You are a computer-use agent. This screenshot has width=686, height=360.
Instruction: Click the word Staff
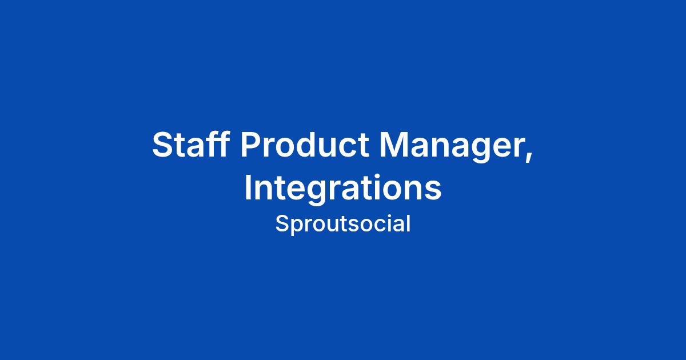pyautogui.click(x=190, y=144)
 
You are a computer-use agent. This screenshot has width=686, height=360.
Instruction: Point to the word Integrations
pyautogui.click(x=343, y=187)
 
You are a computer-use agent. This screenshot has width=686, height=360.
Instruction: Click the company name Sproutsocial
pyautogui.click(x=342, y=224)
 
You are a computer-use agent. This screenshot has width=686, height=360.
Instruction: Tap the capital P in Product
pyautogui.click(x=251, y=144)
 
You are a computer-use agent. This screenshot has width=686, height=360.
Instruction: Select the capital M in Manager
pyautogui.click(x=393, y=144)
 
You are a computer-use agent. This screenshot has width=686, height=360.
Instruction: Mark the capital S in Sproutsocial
pyautogui.click(x=282, y=223)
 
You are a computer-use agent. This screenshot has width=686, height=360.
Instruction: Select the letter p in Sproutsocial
pyautogui.click(x=297, y=227)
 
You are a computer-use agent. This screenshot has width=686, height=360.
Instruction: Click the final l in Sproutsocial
pyautogui.click(x=409, y=222)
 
